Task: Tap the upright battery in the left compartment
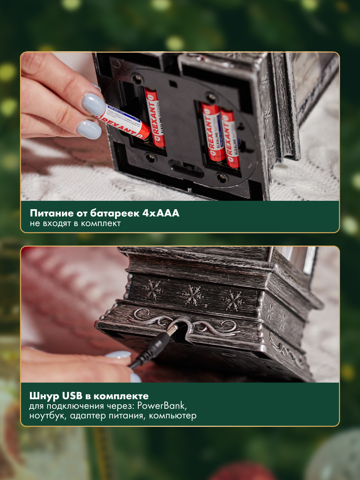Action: pos(154,117)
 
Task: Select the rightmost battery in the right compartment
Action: pos(230,138)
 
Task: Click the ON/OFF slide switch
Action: pos(189,168)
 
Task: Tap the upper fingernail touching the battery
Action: pos(94,104)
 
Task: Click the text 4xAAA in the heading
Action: pos(161,213)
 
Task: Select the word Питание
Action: pos(51,213)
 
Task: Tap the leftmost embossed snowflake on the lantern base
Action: pos(152,289)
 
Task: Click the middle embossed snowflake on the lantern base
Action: pos(192,296)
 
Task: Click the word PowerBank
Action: pos(162,406)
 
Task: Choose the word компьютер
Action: pos(173,416)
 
